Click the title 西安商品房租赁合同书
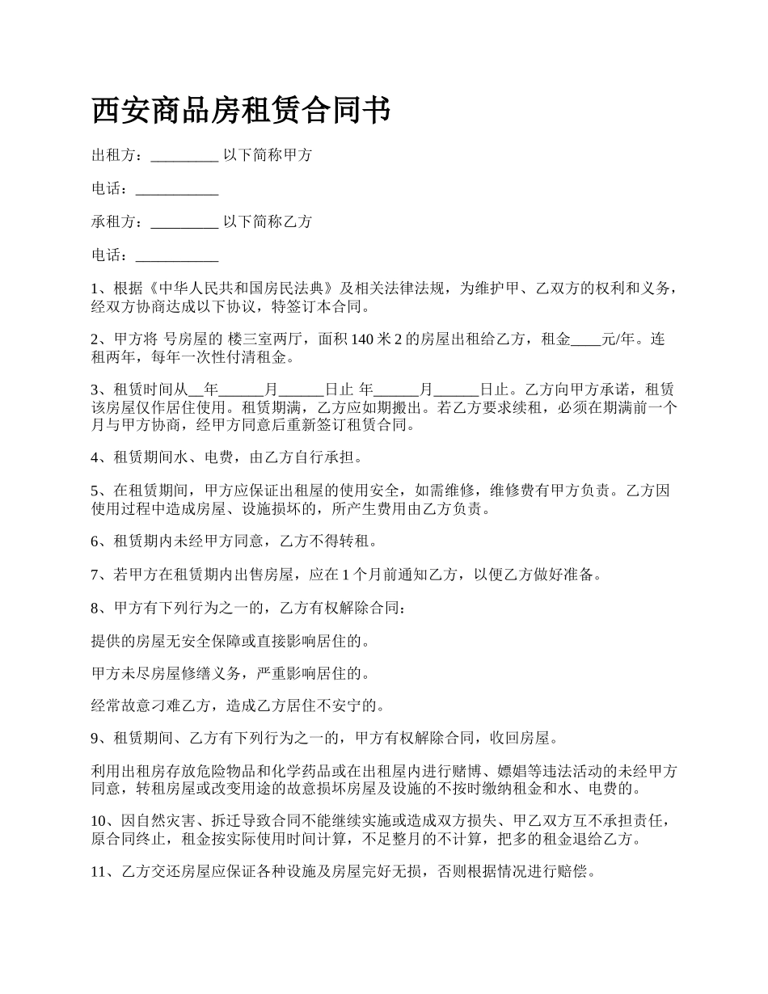(241, 112)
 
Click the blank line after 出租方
(184, 156)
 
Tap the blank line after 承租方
(184, 222)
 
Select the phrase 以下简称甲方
(268, 155)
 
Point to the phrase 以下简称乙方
(268, 221)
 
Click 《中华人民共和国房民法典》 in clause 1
(242, 289)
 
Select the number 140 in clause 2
(361, 339)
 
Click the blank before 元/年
(586, 340)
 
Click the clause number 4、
(99, 457)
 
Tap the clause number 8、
(99, 608)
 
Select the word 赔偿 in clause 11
(577, 873)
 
